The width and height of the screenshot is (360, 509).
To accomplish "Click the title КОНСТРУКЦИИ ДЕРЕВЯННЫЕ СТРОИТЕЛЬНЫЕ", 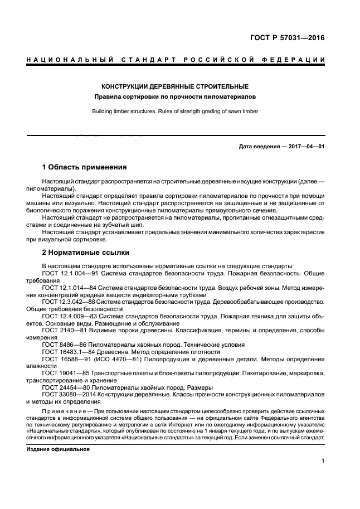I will [174, 86].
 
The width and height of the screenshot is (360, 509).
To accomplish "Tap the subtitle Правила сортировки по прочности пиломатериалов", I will [174, 97].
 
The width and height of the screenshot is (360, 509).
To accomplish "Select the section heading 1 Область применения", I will [84, 167].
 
